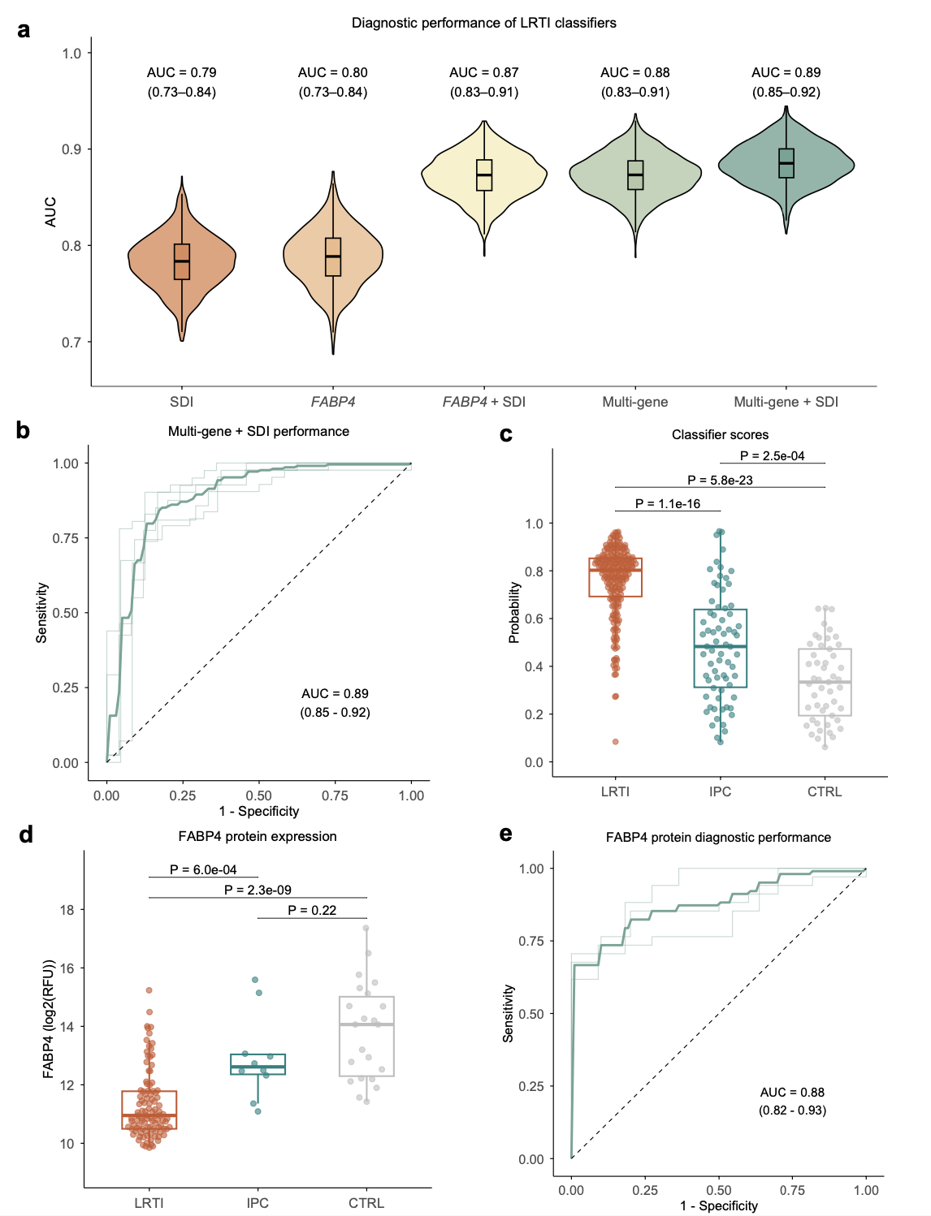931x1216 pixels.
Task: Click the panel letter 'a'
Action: [x=24, y=31]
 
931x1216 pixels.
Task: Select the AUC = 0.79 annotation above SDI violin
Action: [x=182, y=73]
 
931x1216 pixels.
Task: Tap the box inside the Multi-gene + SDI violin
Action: [x=786, y=163]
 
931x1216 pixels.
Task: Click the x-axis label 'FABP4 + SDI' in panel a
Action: [x=484, y=402]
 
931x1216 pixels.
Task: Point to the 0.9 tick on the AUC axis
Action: [x=72, y=149]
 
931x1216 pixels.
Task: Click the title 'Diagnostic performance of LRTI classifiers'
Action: [x=483, y=23]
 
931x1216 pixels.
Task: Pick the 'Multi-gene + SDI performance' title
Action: [x=258, y=431]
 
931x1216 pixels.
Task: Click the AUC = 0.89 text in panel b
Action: [x=335, y=694]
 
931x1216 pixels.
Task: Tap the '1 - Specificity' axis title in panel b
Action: [x=258, y=811]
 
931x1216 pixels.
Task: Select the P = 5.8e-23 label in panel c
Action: [x=720, y=480]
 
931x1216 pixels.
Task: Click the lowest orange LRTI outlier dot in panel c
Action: [x=615, y=741]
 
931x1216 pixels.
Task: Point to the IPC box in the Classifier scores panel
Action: [x=720, y=648]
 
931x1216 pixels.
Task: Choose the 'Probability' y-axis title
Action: [x=513, y=613]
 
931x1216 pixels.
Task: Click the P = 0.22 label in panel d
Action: [x=312, y=910]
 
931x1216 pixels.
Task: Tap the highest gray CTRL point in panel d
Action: [x=366, y=928]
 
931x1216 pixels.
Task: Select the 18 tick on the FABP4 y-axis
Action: [x=67, y=910]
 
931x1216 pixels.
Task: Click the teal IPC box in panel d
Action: [x=258, y=1064]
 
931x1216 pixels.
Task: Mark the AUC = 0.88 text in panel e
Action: [x=792, y=1093]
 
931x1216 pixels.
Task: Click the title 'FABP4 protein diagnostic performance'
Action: [x=718, y=837]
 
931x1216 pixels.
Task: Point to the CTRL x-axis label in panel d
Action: [x=366, y=1203]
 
